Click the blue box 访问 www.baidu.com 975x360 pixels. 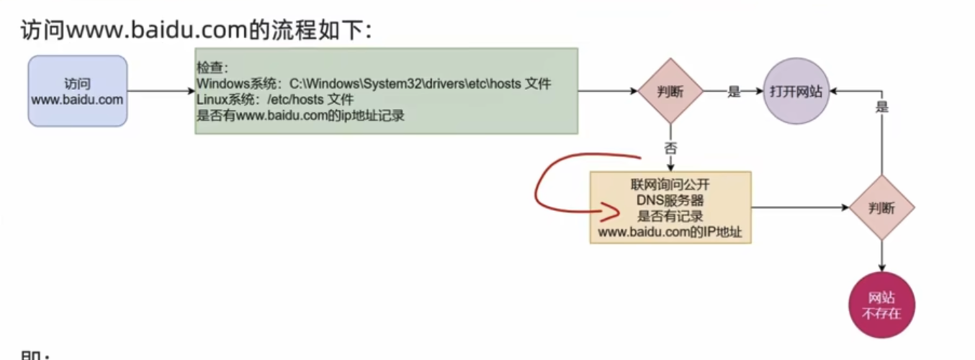[x=78, y=91]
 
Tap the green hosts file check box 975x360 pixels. [x=386, y=91]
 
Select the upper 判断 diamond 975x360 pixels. [x=670, y=91]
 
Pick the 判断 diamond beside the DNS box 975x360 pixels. [x=881, y=208]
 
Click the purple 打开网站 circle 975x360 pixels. [x=796, y=91]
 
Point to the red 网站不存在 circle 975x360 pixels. [x=881, y=307]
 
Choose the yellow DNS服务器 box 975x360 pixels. [x=670, y=207]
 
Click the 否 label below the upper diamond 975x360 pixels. [x=670, y=149]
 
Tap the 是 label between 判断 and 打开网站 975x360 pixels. [x=734, y=91]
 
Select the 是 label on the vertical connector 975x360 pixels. [x=881, y=107]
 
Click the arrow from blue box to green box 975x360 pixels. [x=161, y=91]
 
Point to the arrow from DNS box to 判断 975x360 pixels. [x=799, y=208]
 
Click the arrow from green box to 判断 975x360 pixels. [x=608, y=91]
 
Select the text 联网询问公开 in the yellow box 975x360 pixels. [x=670, y=184]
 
